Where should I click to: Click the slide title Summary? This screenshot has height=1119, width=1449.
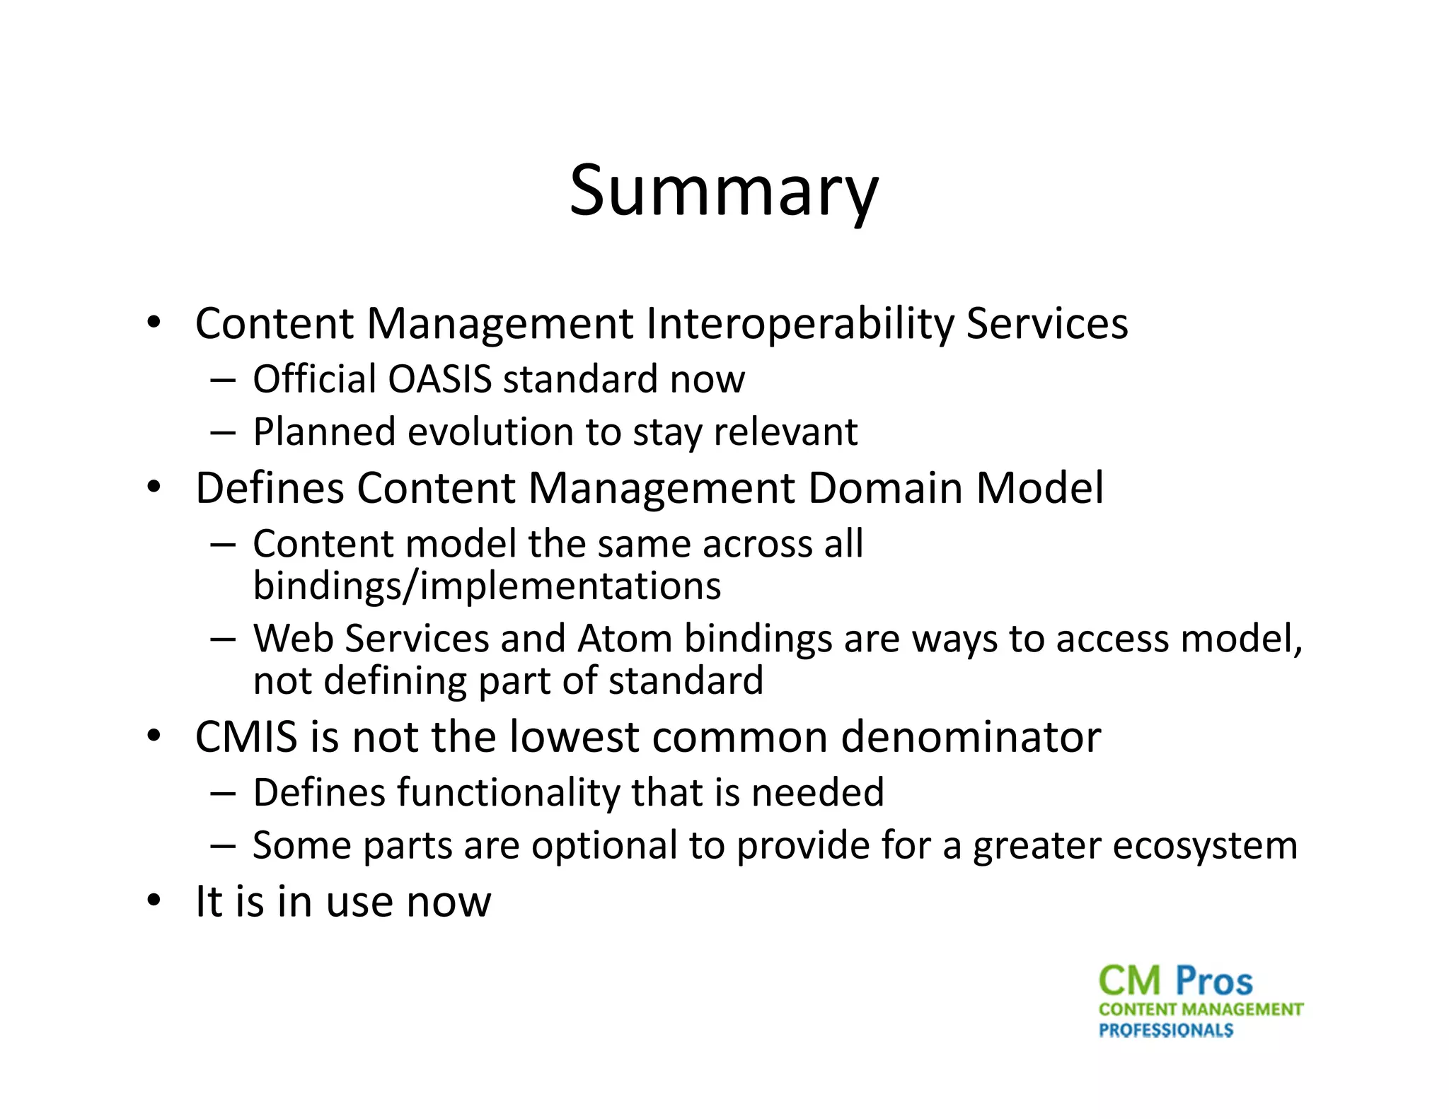point(724,191)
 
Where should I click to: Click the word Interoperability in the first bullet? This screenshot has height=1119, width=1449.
point(799,324)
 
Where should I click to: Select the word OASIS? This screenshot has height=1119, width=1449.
point(439,379)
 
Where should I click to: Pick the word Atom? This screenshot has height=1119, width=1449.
point(625,639)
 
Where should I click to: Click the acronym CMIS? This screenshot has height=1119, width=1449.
point(246,737)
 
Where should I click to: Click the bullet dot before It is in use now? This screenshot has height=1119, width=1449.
point(154,901)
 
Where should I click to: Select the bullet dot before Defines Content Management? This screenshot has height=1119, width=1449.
point(154,488)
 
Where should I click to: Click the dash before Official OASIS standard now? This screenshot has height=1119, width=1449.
point(222,380)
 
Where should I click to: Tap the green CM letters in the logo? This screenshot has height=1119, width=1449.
point(1130,982)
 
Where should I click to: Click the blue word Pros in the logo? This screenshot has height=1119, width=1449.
point(1214,982)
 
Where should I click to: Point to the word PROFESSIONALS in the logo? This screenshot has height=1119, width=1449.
point(1165,1031)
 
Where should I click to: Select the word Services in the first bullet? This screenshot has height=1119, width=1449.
point(1046,324)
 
